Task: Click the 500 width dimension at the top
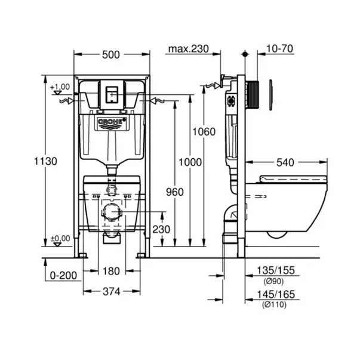tap(111, 54)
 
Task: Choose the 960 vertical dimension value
tap(174, 192)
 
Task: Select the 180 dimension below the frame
tap(111, 270)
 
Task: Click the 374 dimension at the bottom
tap(111, 291)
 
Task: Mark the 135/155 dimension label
tap(276, 271)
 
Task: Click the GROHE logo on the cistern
tap(112, 123)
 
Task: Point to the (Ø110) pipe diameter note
tap(276, 304)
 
